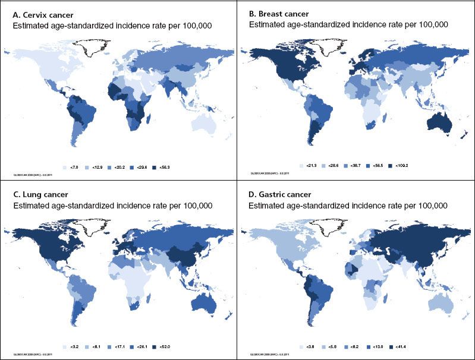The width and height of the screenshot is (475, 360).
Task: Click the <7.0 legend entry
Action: point(71,168)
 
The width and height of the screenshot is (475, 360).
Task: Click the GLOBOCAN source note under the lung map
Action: point(32,354)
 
